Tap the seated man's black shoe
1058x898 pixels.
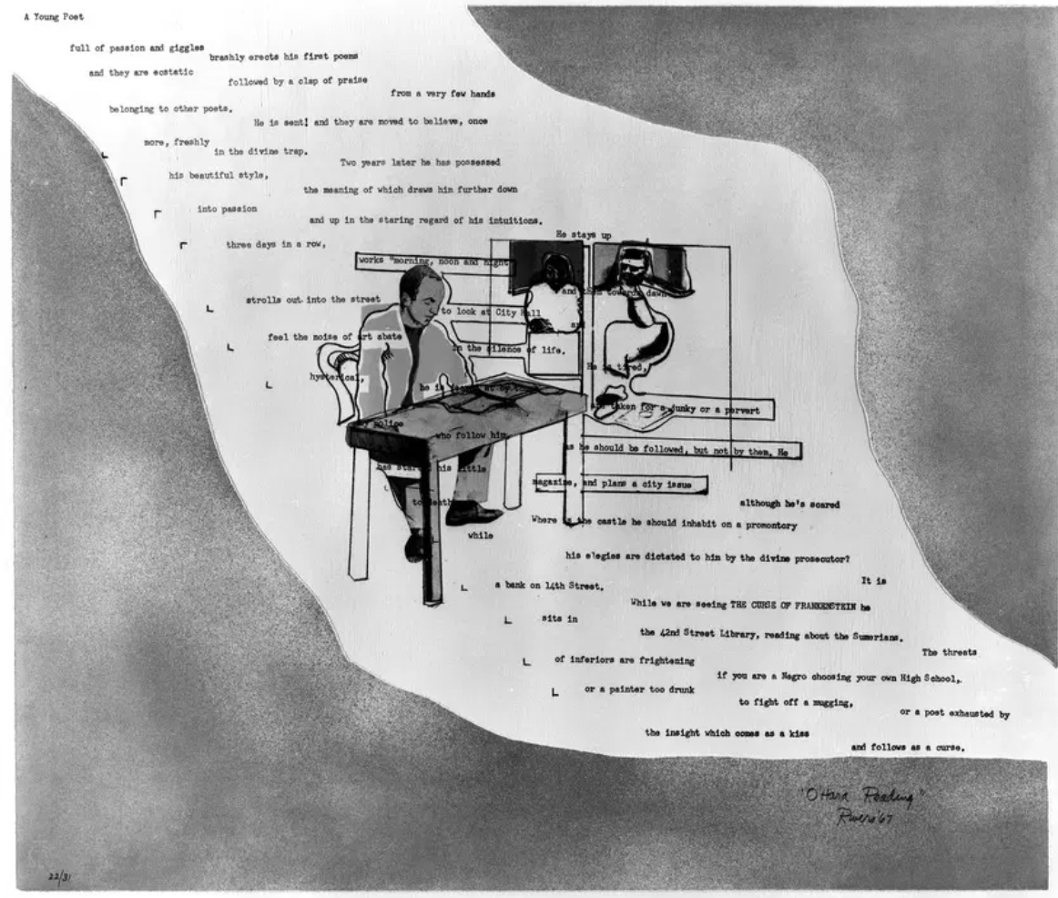point(473,515)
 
